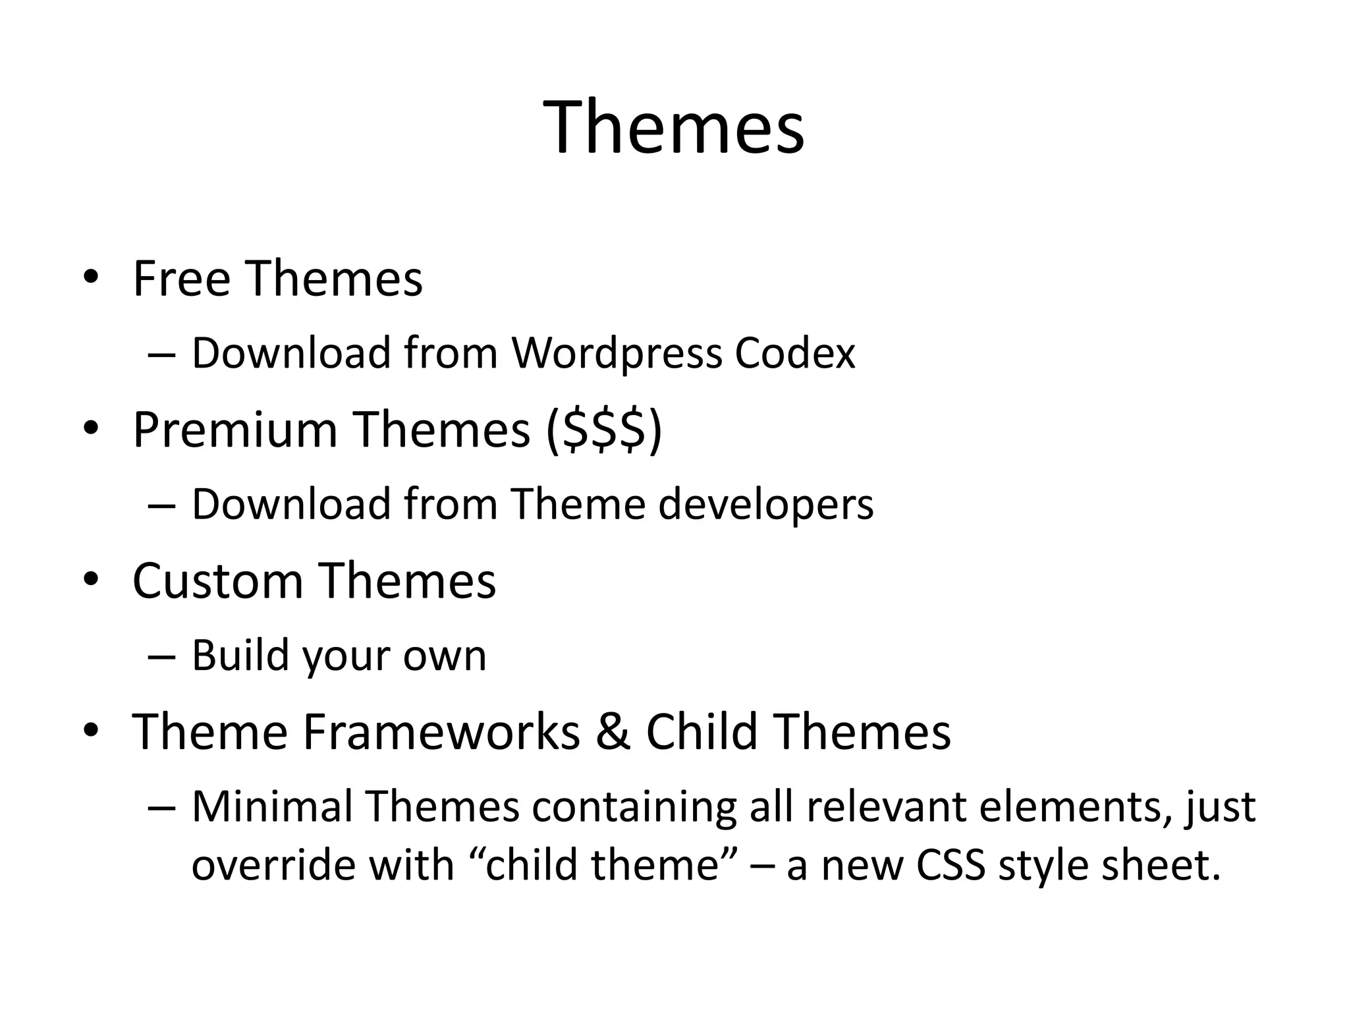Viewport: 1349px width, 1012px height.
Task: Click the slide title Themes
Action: tap(674, 126)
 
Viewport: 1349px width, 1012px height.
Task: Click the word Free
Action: tap(182, 279)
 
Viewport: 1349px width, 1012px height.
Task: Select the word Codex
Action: tap(794, 353)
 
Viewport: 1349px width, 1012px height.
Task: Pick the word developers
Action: tap(765, 504)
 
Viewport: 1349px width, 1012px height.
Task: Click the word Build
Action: tap(240, 656)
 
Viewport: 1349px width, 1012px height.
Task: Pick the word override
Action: tap(273, 864)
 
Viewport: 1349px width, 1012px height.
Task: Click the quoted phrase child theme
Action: tap(601, 864)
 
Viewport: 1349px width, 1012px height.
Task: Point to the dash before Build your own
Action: tap(162, 656)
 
